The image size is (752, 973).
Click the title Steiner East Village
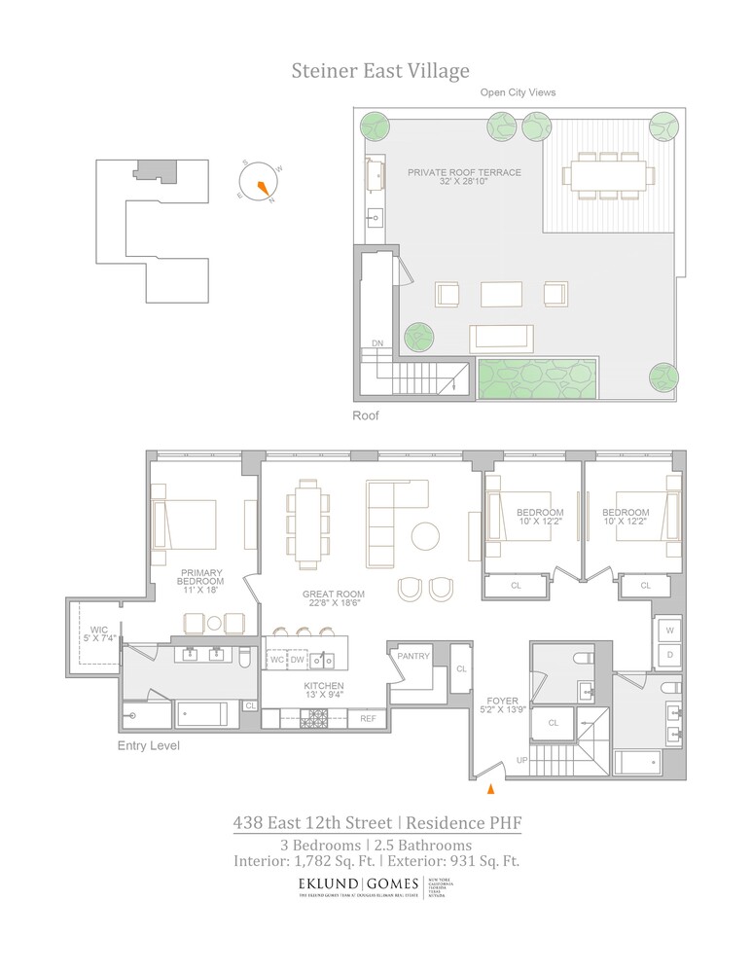(x=380, y=71)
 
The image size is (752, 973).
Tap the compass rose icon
(x=259, y=184)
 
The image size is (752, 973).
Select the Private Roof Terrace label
(x=464, y=172)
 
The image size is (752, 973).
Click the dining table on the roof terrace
(x=604, y=176)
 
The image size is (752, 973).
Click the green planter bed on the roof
(x=537, y=378)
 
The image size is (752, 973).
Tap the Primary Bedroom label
(x=201, y=579)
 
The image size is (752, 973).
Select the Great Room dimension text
(x=333, y=601)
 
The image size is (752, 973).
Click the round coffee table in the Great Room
(x=425, y=536)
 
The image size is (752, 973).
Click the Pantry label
(x=412, y=656)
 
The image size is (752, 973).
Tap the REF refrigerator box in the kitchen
(x=368, y=719)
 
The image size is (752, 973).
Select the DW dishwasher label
(x=298, y=661)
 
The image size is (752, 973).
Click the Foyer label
(x=503, y=700)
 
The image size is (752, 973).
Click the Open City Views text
(x=518, y=93)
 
